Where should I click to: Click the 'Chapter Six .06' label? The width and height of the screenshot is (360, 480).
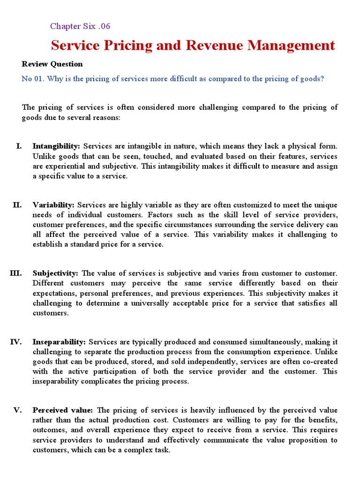pos(80,26)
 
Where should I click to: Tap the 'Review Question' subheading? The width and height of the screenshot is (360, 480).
pos(52,64)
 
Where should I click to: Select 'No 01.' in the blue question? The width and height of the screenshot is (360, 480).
pos(32,79)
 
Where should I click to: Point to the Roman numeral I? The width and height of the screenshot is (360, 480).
pos(19,146)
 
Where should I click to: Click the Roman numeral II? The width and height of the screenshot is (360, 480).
pos(17,205)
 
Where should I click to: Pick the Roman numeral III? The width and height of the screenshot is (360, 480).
pos(15,273)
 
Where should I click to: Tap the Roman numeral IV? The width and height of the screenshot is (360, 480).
pos(16,342)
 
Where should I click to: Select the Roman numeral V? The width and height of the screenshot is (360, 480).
pos(17,410)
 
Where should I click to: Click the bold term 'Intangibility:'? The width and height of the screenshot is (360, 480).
pos(56,146)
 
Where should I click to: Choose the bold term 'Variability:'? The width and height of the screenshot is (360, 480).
pos(53,205)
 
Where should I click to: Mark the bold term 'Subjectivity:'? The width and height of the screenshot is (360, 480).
pos(55,273)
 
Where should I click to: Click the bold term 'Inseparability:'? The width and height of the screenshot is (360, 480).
pos(59,342)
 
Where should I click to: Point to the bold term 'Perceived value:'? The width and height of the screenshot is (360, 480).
pos(62,410)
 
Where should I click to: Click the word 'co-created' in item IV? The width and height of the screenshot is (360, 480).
pos(320,361)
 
